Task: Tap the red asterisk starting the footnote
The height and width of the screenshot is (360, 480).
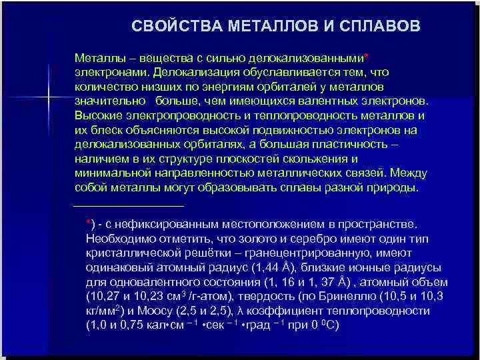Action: [x=89, y=221]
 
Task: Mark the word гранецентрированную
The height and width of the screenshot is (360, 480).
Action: [x=300, y=254]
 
